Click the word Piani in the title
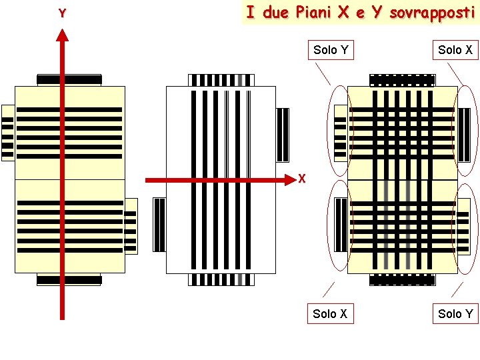(316, 13)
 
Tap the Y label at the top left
(62, 13)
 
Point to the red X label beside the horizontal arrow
(302, 179)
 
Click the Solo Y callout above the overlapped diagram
(331, 50)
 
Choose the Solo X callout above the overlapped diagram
(455, 50)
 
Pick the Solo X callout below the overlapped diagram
(331, 313)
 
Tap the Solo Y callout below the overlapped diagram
(455, 313)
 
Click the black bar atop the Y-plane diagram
(69, 80)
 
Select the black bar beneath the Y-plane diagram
(69, 279)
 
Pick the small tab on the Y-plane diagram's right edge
(131, 226)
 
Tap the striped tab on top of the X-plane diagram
(221, 80)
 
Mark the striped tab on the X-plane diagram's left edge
(159, 225)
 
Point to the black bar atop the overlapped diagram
(402, 80)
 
